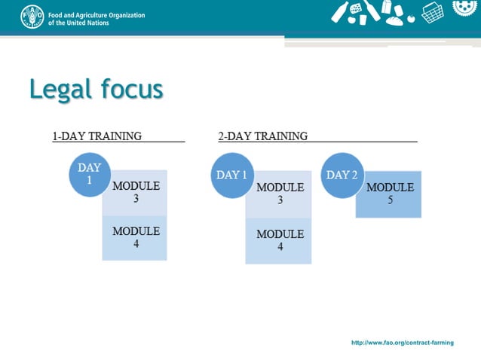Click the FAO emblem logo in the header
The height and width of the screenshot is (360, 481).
tap(32, 17)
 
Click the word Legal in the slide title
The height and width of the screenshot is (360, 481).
tap(60, 90)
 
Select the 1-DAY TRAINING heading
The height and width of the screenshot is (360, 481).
tap(97, 136)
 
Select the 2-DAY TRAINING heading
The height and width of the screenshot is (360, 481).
tap(262, 136)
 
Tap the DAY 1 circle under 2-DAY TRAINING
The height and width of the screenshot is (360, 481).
tap(232, 175)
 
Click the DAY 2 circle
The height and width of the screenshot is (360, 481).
tap(342, 175)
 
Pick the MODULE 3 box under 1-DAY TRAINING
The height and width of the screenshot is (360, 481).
tap(136, 193)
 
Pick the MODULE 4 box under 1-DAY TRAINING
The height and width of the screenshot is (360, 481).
tap(136, 237)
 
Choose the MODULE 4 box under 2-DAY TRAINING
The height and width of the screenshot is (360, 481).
tap(280, 240)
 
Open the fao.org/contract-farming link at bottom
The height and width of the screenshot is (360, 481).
tap(403, 343)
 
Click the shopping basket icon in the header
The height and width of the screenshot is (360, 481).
tap(432, 12)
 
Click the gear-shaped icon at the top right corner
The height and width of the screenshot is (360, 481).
tap(466, 8)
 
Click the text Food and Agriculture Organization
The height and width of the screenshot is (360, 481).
tap(96, 14)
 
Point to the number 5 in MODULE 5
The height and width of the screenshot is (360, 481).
tap(391, 200)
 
